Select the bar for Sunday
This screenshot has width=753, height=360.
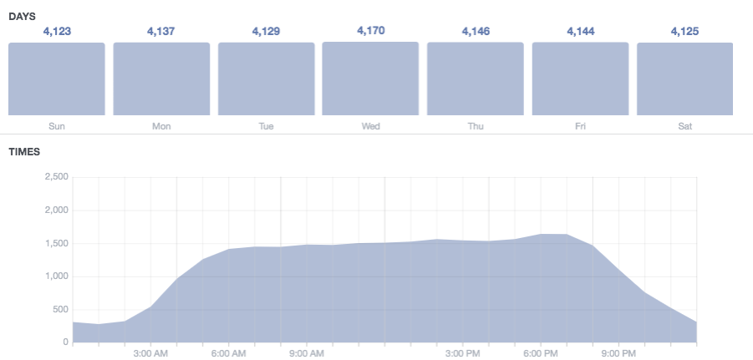coord(57,79)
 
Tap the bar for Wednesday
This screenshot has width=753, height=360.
coord(370,79)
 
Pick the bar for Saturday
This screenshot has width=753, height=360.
coord(684,79)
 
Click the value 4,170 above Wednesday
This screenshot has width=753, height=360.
coord(370,31)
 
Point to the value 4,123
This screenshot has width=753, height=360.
coord(57,32)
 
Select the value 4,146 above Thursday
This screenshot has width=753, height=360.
coord(476,32)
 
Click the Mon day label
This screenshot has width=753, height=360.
coord(161,127)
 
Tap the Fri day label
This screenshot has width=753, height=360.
coord(580,127)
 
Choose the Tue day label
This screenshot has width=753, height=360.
coord(266,127)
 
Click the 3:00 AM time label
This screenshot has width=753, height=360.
coord(152,354)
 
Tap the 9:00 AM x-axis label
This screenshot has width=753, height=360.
coord(307,354)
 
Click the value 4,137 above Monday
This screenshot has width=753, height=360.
coord(161,32)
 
